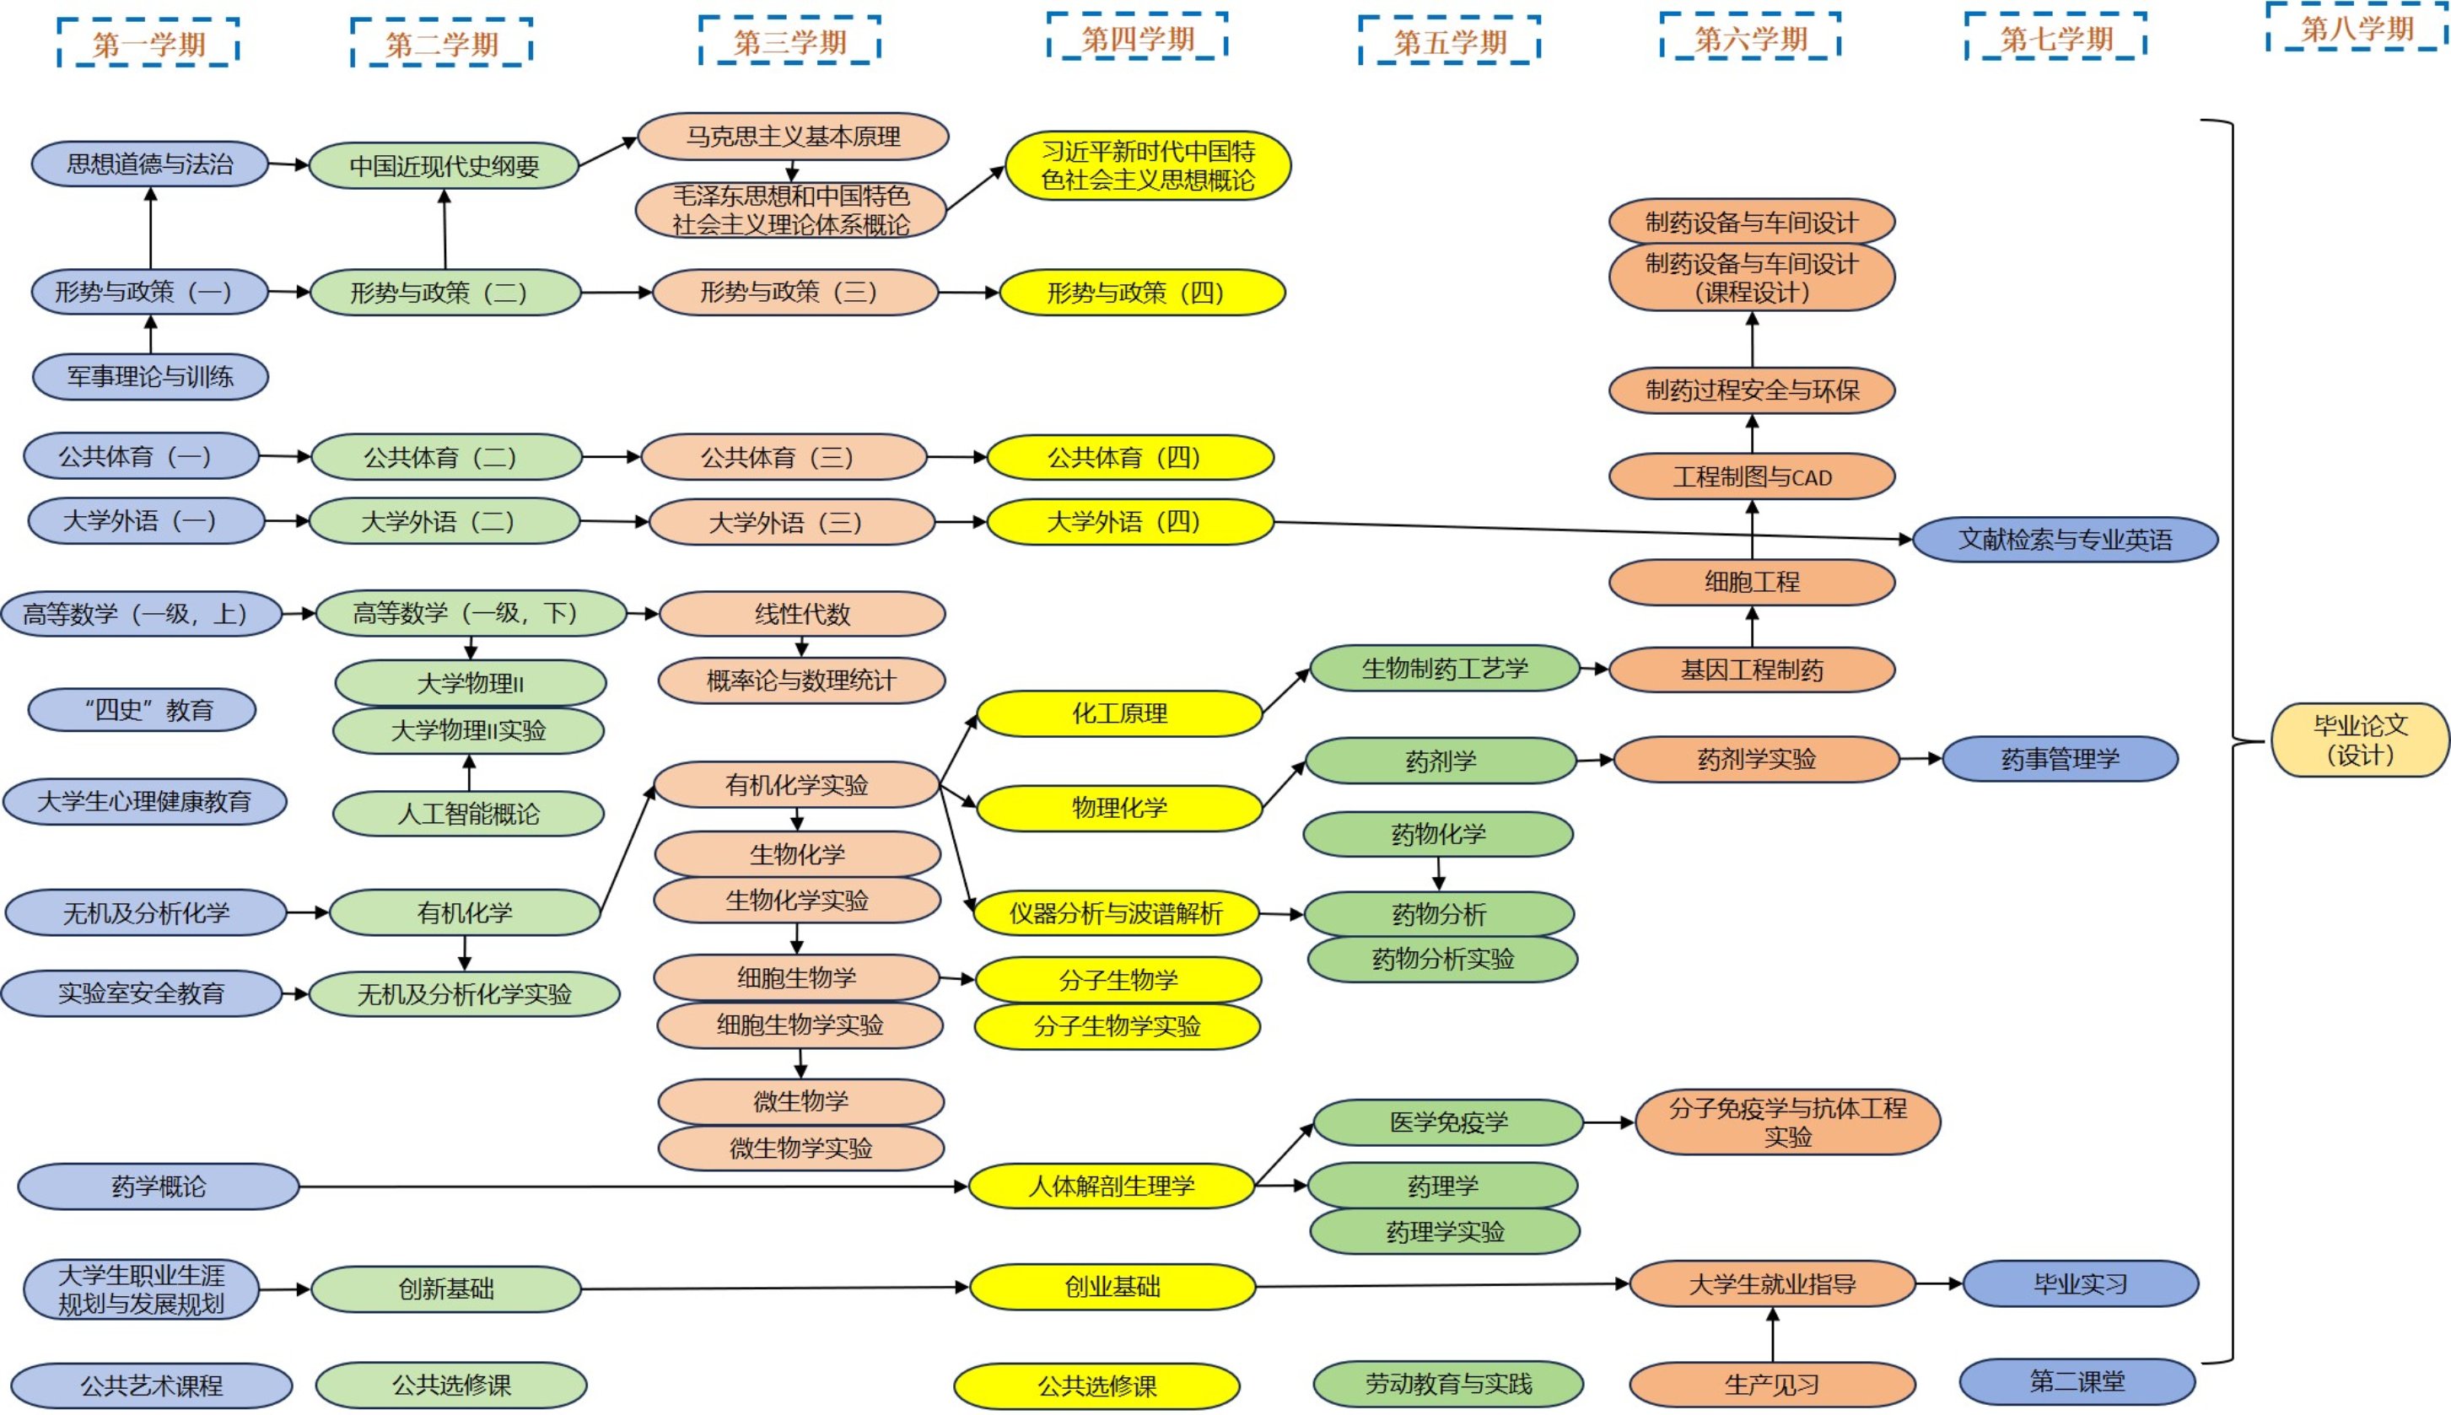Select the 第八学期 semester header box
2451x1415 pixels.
pyautogui.click(x=2357, y=28)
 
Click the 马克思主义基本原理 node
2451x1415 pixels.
pyautogui.click(x=792, y=136)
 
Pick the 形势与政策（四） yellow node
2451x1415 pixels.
pyautogui.click(x=1142, y=293)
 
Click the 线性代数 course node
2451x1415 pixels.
pyautogui.click(x=802, y=614)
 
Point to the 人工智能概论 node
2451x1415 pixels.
pyautogui.click(x=468, y=814)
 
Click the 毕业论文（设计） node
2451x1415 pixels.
pyautogui.click(x=2360, y=740)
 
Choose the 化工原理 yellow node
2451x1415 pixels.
pyautogui.click(x=1118, y=713)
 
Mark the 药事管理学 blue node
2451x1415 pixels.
pyautogui.click(x=2060, y=759)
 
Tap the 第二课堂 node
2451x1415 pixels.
pyautogui.click(x=2077, y=1381)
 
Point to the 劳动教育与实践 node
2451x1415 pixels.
pyautogui.click(x=1448, y=1384)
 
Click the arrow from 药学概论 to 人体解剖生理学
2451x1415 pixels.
pyautogui.click(x=632, y=1186)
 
